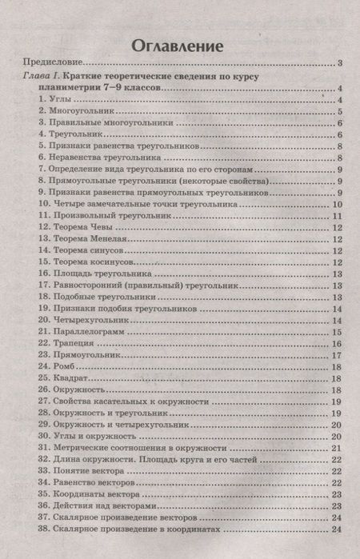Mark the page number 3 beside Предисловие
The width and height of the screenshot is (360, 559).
339,64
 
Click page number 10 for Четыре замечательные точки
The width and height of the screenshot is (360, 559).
337,204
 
